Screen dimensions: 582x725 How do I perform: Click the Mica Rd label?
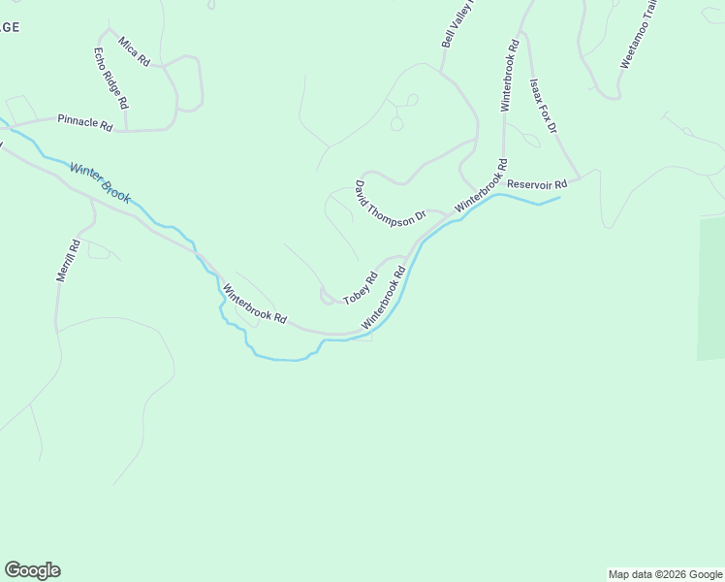point(135,51)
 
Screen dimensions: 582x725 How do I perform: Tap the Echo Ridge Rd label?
point(110,78)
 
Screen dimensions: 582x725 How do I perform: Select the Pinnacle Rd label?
point(85,121)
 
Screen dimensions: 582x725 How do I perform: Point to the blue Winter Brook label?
point(100,181)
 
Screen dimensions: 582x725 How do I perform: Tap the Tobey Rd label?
point(360,287)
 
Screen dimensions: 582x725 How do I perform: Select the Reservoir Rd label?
point(536,183)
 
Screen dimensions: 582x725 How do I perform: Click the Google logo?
point(32,570)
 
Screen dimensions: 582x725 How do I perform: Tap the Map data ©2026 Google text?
point(666,574)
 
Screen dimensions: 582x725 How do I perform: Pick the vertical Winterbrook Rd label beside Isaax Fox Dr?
point(508,76)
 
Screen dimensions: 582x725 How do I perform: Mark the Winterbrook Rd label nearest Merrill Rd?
point(254,304)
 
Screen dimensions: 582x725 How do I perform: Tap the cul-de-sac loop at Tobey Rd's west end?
point(326,295)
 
